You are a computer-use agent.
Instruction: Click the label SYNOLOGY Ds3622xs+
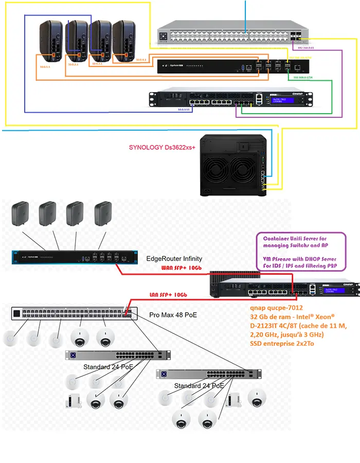point(163,147)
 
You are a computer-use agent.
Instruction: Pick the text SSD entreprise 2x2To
point(281,343)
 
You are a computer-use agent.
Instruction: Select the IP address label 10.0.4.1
point(140,60)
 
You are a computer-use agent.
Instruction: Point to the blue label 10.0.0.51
point(184,110)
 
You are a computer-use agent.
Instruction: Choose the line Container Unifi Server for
point(294,239)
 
